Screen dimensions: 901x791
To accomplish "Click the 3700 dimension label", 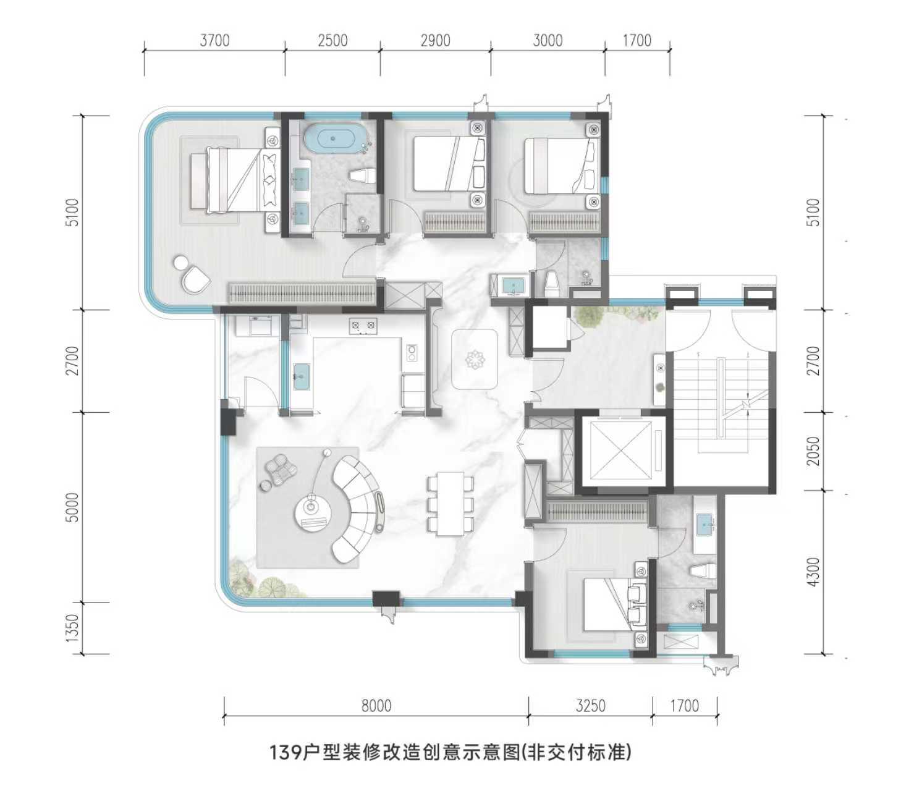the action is click(x=214, y=41).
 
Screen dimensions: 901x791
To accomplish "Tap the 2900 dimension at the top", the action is click(x=435, y=41).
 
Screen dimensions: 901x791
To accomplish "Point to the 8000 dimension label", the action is click(x=376, y=706).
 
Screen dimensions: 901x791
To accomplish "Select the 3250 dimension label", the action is click(x=590, y=706).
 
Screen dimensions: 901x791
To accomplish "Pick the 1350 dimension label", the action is click(x=72, y=628).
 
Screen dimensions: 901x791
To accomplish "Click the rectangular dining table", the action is click(x=450, y=504).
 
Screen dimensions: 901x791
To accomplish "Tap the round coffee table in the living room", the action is click(x=310, y=512).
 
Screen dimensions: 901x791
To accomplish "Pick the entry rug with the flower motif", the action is click(x=474, y=359).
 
